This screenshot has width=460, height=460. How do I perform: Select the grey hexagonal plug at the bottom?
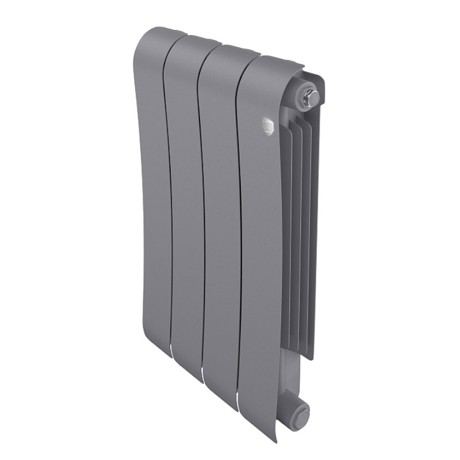pyautogui.click(x=300, y=412)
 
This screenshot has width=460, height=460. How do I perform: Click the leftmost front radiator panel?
pyautogui.click(x=152, y=190)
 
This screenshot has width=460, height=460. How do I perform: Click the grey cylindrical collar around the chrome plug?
pyautogui.click(x=300, y=95)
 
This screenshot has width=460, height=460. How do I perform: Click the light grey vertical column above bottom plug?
pyautogui.click(x=290, y=374)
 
